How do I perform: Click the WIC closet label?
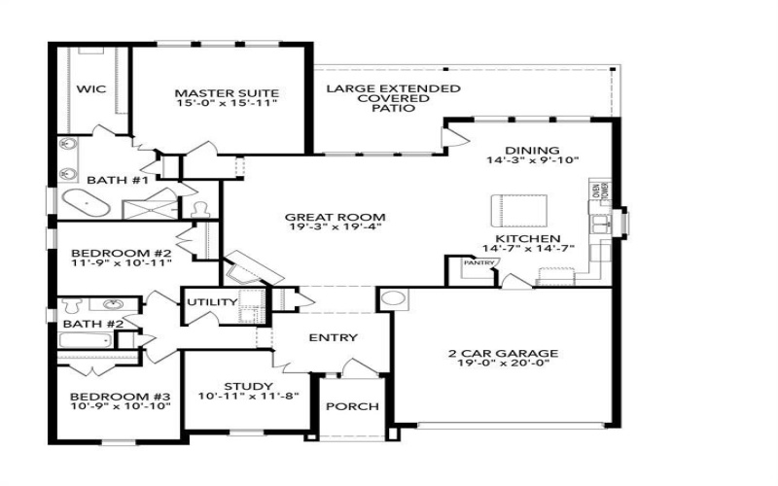click(x=90, y=88)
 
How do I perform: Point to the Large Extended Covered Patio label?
click(x=393, y=98)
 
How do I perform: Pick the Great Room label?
click(x=336, y=217)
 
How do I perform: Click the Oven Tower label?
click(x=600, y=191)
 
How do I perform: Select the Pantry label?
click(x=478, y=262)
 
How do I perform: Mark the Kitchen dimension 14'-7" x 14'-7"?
click(x=529, y=249)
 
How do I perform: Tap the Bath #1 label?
click(x=117, y=180)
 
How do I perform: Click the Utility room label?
click(x=212, y=302)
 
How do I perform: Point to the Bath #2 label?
click(x=93, y=324)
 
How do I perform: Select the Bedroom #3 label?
click(x=121, y=397)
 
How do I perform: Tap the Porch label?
click(x=351, y=406)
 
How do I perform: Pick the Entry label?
click(x=333, y=338)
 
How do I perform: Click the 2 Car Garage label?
click(x=503, y=354)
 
